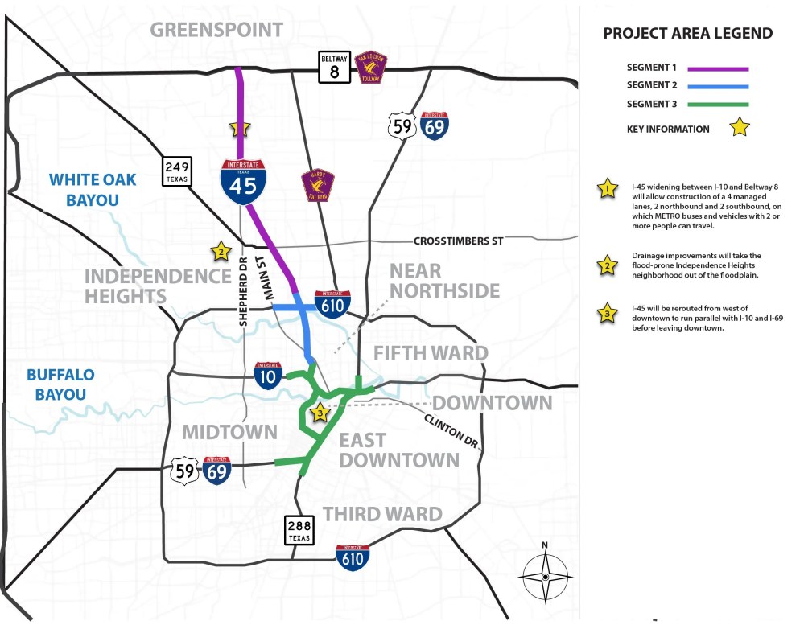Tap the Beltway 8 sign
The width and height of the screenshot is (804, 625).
click(x=334, y=68)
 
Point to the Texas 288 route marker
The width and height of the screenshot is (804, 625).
click(x=299, y=530)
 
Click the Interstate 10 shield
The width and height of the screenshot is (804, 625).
click(x=268, y=375)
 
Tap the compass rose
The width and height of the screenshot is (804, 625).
click(x=545, y=576)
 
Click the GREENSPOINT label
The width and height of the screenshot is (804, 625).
click(x=217, y=30)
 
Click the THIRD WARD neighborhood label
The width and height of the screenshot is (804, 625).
click(x=382, y=514)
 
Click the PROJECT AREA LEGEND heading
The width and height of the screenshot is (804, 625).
click(x=687, y=33)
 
